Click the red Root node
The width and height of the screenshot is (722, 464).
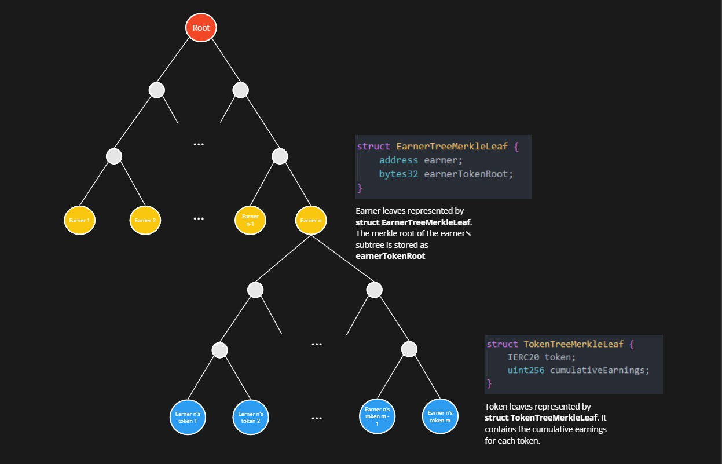pos(201,28)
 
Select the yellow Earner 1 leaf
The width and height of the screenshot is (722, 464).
pos(80,220)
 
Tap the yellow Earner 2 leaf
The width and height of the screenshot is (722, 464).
pos(145,220)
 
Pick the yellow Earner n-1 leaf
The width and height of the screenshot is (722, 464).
pos(250,220)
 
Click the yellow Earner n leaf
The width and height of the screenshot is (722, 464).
pos(311,220)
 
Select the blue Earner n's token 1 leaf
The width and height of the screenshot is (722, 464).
pos(188,417)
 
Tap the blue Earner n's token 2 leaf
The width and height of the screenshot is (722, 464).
pos(251,417)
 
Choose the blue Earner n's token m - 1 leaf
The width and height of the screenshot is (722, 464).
pos(377,416)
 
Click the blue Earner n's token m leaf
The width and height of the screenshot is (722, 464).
pos(440,416)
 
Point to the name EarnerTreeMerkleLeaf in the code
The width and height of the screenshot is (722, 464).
pos(452,147)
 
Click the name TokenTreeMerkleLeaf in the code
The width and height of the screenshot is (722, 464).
pos(573,344)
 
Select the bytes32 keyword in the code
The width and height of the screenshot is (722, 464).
pos(398,174)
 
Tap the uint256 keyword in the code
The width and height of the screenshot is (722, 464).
pos(526,370)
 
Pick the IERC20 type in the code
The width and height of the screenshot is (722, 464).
pos(523,357)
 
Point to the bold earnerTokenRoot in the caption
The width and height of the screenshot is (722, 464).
pos(390,256)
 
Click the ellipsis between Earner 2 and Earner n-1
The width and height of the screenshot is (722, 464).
pos(199,218)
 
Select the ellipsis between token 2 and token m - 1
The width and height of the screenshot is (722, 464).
pos(317,419)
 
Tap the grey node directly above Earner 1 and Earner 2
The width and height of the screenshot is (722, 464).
pos(114,156)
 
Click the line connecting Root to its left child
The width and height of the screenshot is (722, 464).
pos(173,60)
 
